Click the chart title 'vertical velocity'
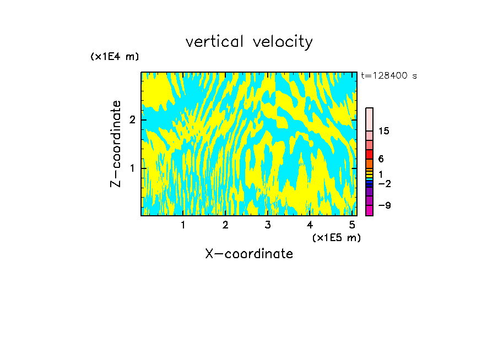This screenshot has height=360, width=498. click(x=249, y=42)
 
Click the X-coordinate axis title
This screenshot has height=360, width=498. click(x=249, y=254)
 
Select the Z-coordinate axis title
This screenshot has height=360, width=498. click(x=116, y=144)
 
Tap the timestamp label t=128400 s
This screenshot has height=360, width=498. click(x=389, y=76)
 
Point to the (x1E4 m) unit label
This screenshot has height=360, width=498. click(x=115, y=57)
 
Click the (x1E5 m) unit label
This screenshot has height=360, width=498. click(x=336, y=237)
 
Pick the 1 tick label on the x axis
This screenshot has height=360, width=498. click(x=183, y=225)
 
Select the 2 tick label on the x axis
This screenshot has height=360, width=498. click(x=225, y=225)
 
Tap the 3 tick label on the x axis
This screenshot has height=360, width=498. click(x=268, y=225)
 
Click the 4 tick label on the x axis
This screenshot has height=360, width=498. click(x=310, y=225)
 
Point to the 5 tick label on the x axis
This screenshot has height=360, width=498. click(x=352, y=225)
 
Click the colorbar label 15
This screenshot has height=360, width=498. click(x=384, y=131)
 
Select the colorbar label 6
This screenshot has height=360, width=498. click(x=381, y=159)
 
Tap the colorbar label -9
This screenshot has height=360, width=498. click(x=384, y=205)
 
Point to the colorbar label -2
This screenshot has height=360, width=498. click(x=384, y=183)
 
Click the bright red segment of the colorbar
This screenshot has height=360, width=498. click(x=370, y=154)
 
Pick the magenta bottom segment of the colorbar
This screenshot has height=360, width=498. click(x=370, y=210)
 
